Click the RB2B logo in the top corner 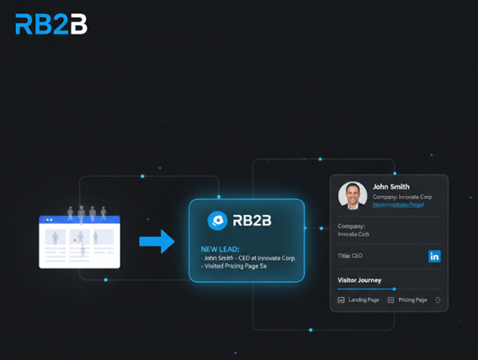(x=50, y=24)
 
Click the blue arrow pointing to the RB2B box (x=157, y=241)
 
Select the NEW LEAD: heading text (x=220, y=249)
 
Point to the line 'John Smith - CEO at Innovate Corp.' (x=248, y=258)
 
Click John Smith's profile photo (x=352, y=195)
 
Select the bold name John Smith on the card (x=391, y=187)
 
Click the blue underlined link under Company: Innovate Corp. (x=398, y=205)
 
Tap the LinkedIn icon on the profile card (x=434, y=256)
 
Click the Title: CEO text (x=351, y=256)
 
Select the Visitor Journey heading (x=359, y=280)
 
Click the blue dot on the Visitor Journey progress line (x=394, y=289)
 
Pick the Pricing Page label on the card (x=413, y=300)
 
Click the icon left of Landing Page (x=342, y=300)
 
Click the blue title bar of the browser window (x=79, y=219)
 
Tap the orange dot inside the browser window (x=75, y=240)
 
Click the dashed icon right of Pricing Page (x=437, y=300)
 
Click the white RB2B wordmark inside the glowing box (x=253, y=221)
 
